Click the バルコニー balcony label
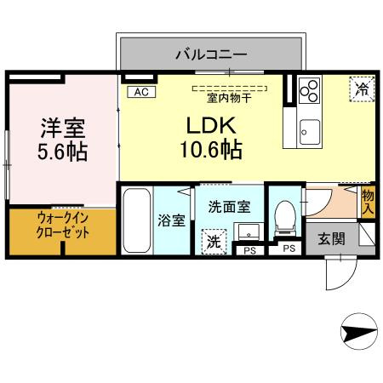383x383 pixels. coord(211,54)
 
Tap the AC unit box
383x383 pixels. coord(139,91)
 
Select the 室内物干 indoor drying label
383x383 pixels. coord(228,95)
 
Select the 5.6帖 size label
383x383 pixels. coord(61,154)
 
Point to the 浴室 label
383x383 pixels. coord(172,220)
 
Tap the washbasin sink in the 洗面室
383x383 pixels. coord(249,231)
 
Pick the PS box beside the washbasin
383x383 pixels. coord(249,250)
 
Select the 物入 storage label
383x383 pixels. coord(368,201)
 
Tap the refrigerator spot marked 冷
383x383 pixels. coord(361,89)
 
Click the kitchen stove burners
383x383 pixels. coord(309,89)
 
